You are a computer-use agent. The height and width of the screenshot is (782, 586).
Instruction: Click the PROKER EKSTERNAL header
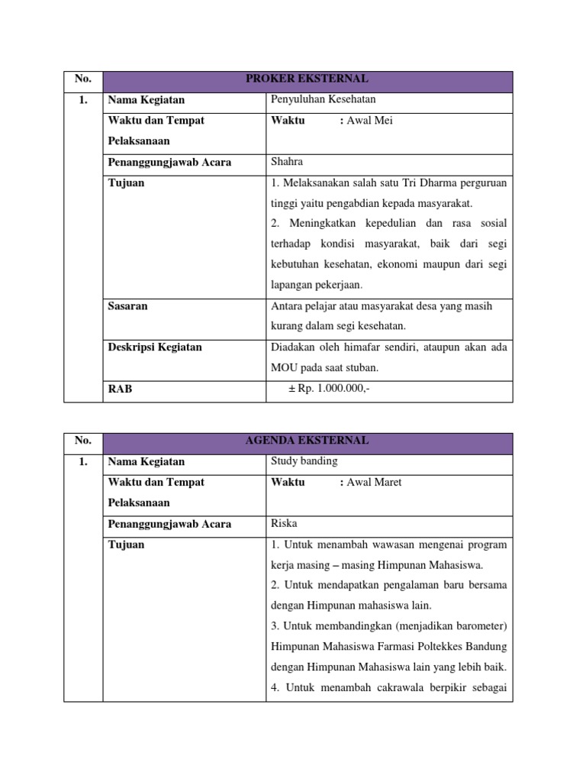[x=307, y=79]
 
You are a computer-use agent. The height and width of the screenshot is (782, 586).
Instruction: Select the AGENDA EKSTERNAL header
[x=307, y=441]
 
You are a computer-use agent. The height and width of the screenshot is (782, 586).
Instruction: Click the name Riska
[x=284, y=524]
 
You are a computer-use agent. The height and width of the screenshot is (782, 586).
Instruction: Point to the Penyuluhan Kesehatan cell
[x=324, y=99]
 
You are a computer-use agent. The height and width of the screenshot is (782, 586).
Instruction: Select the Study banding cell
[x=304, y=461]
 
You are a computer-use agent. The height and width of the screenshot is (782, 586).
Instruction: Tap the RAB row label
[x=120, y=389]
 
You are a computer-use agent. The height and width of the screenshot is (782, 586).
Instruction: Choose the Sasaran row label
[x=127, y=306]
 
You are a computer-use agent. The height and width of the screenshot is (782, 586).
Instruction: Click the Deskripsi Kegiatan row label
[x=155, y=347]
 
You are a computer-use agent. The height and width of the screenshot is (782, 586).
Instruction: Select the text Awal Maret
[x=374, y=483]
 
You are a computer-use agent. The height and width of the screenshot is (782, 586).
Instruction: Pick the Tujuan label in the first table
[x=126, y=183]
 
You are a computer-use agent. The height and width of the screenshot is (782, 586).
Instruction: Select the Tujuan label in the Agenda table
[x=126, y=545]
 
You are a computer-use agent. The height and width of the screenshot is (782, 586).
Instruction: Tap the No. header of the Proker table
[x=83, y=79]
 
